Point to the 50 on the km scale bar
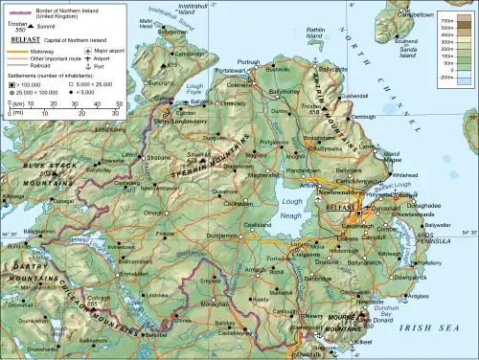point(119,102)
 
